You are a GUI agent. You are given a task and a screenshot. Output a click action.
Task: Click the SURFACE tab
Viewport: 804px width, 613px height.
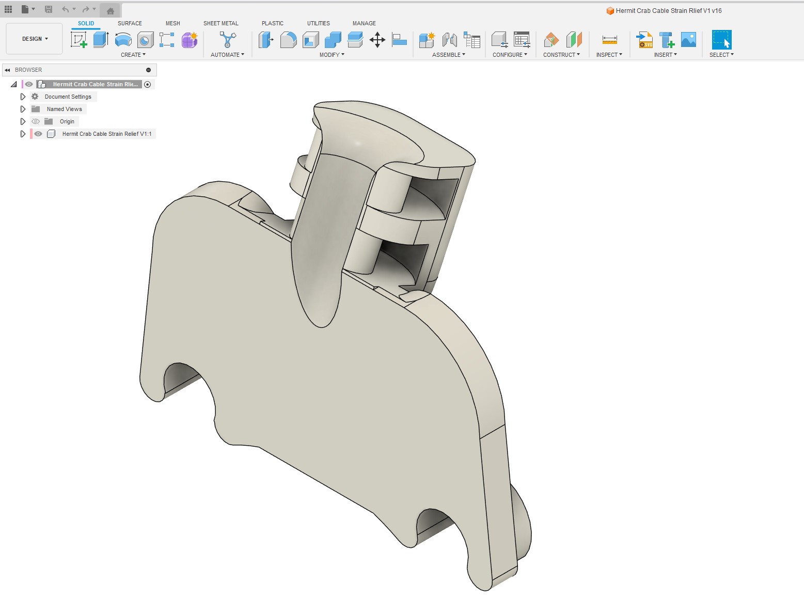pyautogui.click(x=130, y=23)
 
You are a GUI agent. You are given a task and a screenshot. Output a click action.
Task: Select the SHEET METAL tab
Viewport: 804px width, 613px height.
pyautogui.click(x=221, y=23)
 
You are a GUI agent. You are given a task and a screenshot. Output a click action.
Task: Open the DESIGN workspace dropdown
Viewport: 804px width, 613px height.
pyautogui.click(x=35, y=39)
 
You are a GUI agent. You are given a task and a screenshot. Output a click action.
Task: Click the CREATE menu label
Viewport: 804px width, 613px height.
pyautogui.click(x=133, y=55)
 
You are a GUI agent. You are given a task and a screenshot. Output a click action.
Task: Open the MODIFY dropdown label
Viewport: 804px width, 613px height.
pyautogui.click(x=332, y=55)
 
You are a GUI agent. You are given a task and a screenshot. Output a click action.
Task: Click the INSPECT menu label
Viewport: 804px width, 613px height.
pyautogui.click(x=609, y=55)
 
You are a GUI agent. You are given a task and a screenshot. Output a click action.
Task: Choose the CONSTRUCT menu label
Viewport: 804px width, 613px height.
pyautogui.click(x=561, y=55)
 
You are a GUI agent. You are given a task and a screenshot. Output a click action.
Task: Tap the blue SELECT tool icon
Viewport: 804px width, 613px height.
pyautogui.click(x=721, y=40)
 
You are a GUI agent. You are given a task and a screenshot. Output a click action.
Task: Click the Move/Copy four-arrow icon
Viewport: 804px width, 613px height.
pyautogui.click(x=377, y=40)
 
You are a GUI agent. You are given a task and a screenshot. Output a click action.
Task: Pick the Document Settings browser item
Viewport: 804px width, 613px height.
pyautogui.click(x=68, y=97)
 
